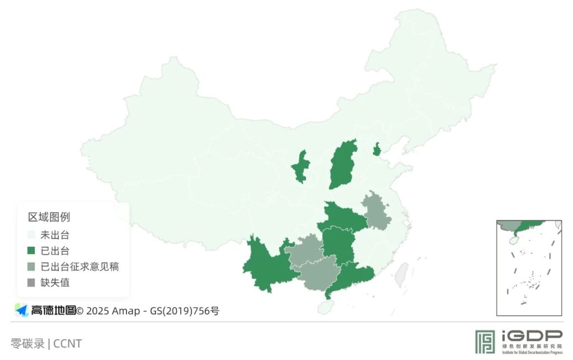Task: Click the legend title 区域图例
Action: click(49, 217)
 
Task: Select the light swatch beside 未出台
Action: click(31, 235)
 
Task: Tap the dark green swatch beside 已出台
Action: click(31, 250)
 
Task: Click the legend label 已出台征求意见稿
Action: click(79, 267)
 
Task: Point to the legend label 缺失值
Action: click(55, 282)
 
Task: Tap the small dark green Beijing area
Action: click(377, 149)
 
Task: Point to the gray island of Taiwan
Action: click(401, 274)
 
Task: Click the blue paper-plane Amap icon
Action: click(21, 310)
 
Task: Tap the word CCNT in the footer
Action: click(68, 343)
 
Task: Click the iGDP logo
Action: click(518, 341)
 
